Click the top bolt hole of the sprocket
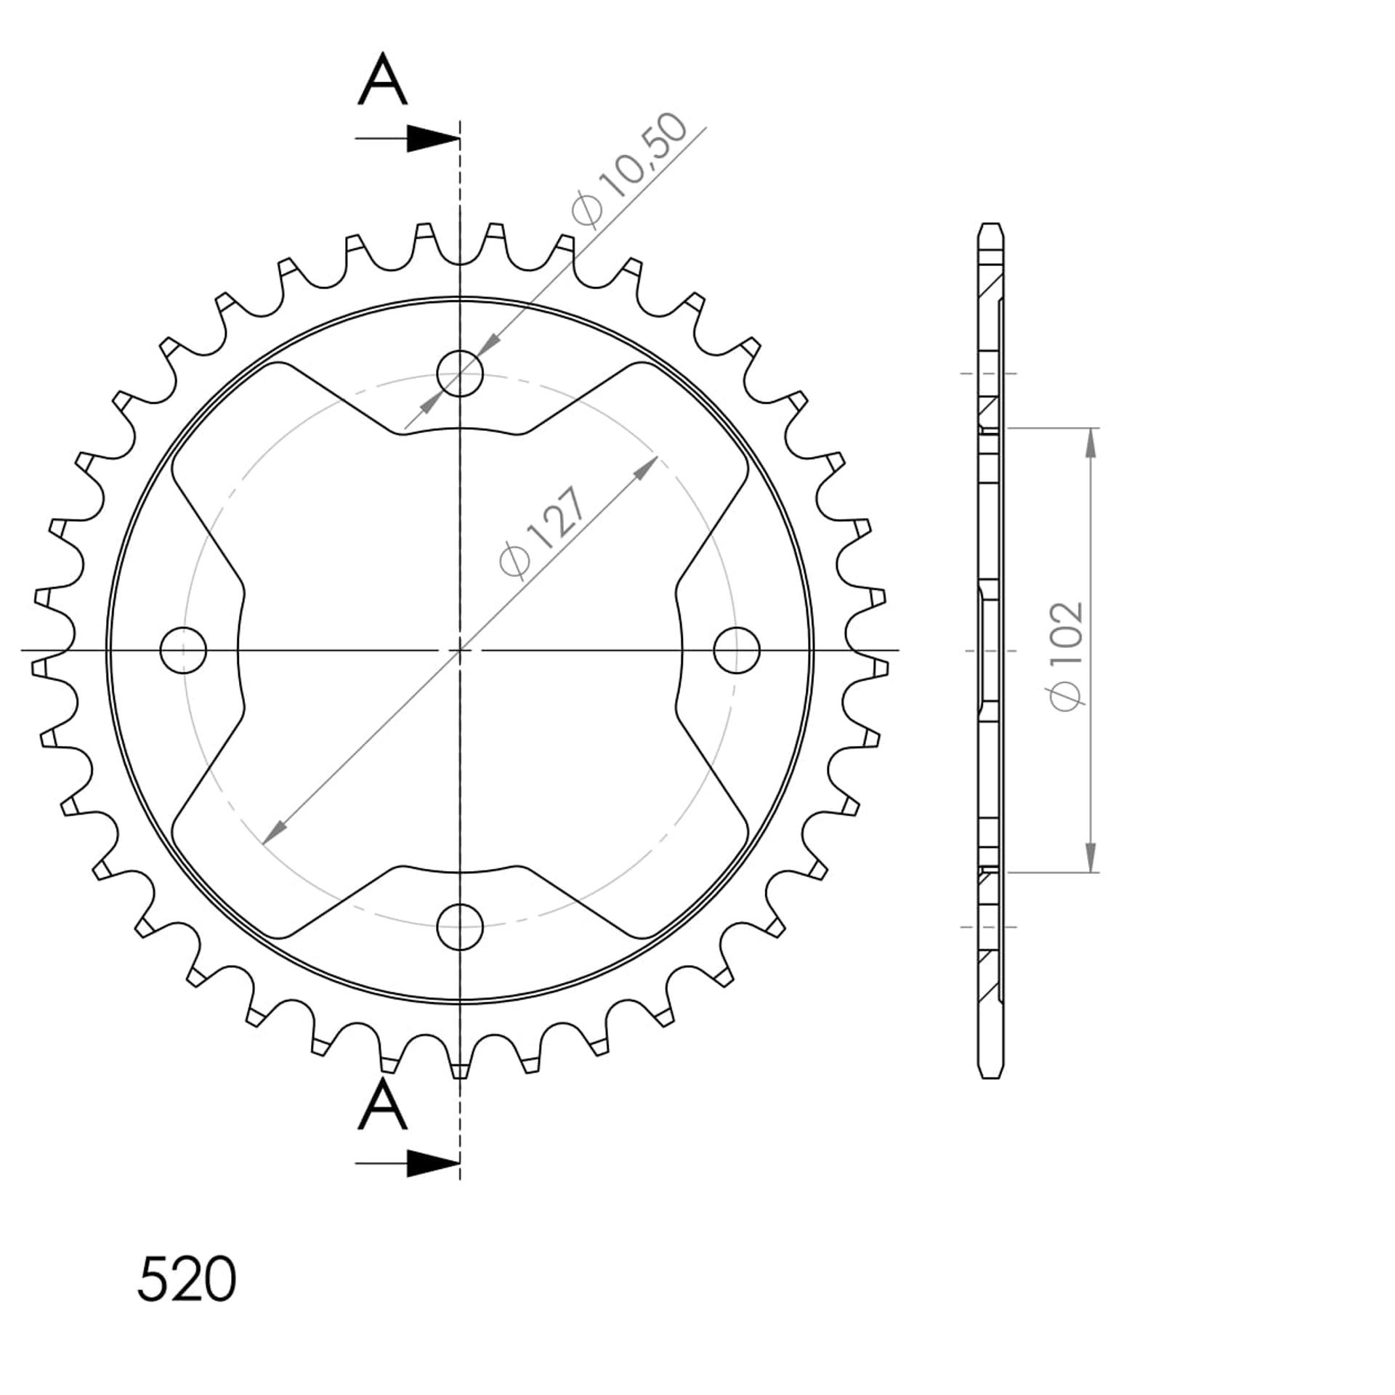coord(460,373)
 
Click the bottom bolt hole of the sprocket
coord(460,927)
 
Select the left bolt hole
coord(183,650)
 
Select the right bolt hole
coord(737,650)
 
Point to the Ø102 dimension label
coord(1067,657)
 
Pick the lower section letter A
coord(383,1104)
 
